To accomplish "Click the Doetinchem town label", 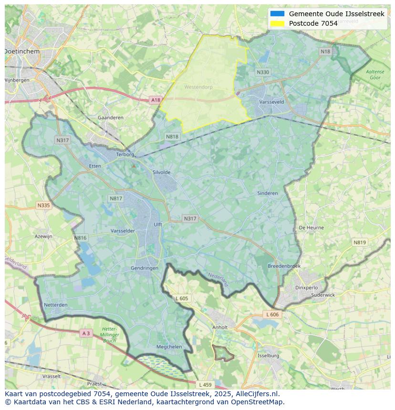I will coord(22,51).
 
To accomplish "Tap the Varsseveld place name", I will coord(271,102).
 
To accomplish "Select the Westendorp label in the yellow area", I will coord(198,87).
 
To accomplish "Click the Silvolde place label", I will coord(161,172).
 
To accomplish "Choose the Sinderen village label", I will coord(267,193).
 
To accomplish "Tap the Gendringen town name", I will coord(145,268).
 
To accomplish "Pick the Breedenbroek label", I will coord(284,266).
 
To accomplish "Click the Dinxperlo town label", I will coord(306,288).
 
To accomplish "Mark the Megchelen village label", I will coord(169,347).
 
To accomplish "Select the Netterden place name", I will coord(55,305).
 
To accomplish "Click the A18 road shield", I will coord(156,100).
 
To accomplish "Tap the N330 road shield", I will coord(263,72).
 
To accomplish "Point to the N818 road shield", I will coord(172,137).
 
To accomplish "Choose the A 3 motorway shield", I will coord(86,333).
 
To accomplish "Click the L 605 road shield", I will coord(182,298).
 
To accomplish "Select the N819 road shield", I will coord(360,242).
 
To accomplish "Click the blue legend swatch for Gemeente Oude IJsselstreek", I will coord(277,14).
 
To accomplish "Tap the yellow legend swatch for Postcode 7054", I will coord(277,23).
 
